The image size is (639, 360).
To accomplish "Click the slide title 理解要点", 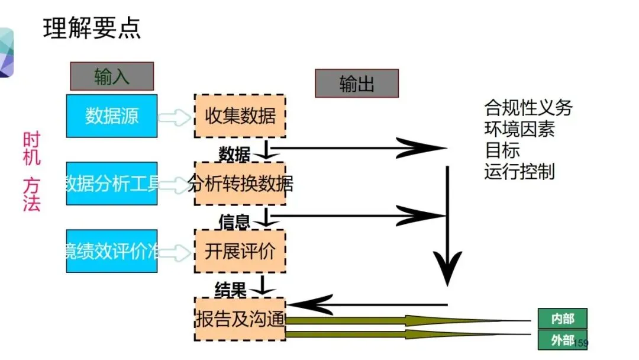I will tap(92, 28).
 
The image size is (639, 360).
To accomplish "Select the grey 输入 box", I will tap(112, 76).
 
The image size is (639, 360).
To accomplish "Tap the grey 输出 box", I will tap(357, 83).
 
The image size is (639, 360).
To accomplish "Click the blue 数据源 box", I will tap(112, 115).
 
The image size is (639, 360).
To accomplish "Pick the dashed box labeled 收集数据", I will tap(240, 115).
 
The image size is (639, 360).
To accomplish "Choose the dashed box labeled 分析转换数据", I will tap(240, 184).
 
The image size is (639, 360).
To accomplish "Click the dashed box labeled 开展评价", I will tap(240, 251).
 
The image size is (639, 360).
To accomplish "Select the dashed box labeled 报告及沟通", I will tap(240, 319).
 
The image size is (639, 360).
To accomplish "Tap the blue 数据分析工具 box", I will tap(112, 184).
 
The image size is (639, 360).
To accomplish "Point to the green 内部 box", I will tap(563, 319).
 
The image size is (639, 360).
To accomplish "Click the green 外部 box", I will tap(563, 340).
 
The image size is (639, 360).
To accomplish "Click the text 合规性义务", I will tap(528, 108).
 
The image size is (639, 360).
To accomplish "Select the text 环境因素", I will tap(519, 129).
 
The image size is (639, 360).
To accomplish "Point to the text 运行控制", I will tap(519, 172).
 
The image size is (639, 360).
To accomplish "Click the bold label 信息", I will tap(234, 222).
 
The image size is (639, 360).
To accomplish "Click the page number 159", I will tap(582, 343).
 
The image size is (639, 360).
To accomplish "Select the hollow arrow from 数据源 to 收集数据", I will tap(176, 117).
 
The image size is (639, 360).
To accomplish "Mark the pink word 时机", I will tap(31, 148).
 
